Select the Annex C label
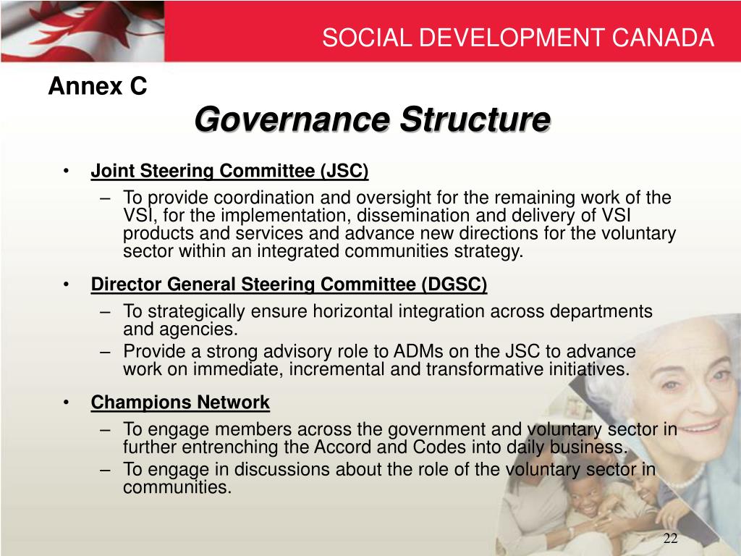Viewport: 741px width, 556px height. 98,87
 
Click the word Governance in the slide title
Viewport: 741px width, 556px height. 293,119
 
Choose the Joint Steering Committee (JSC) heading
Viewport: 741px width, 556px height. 229,171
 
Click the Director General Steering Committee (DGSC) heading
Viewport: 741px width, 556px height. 289,285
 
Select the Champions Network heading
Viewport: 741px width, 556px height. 180,402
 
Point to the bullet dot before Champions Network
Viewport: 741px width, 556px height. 67,402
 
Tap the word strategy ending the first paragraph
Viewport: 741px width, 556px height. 491,251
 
